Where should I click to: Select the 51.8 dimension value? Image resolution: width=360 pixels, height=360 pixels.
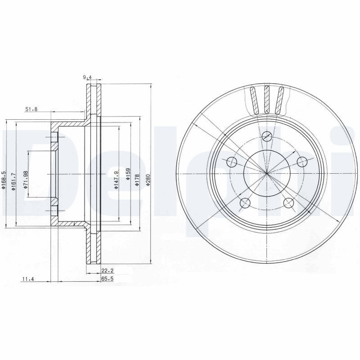click(31, 109)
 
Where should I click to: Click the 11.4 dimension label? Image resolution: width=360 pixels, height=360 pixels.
click(28, 279)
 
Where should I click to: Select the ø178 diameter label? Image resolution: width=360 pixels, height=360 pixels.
click(138, 175)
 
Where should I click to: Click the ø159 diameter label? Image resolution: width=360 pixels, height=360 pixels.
click(128, 175)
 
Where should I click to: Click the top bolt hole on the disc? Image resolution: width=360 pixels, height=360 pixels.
click(267, 136)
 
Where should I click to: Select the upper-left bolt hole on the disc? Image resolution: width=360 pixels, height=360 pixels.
click(232, 161)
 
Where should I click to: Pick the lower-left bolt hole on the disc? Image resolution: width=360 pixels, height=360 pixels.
click(245, 203)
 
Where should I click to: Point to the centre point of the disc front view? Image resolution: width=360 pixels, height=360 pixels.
click(267, 173)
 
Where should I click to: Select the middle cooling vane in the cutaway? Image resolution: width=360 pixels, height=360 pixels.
click(267, 99)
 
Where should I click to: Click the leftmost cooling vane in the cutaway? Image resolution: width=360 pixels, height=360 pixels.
click(254, 100)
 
